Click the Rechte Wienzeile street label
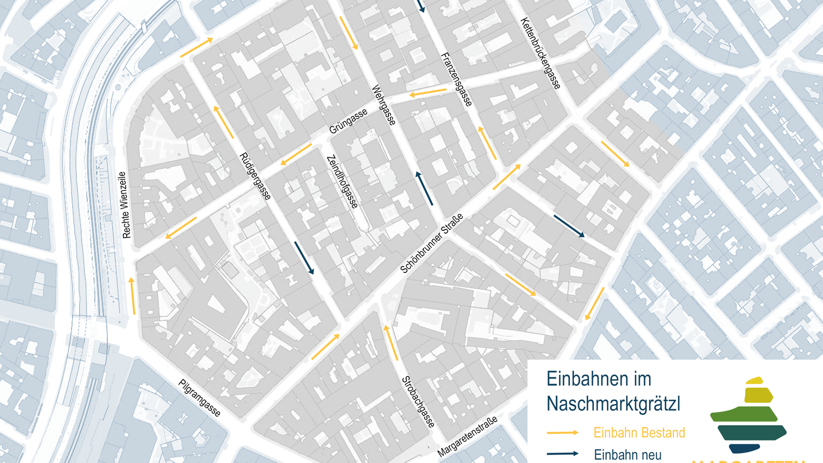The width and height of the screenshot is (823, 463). tap(125, 205)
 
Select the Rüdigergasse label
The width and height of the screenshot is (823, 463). tap(255, 176)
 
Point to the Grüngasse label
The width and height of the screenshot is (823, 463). tap(348, 122)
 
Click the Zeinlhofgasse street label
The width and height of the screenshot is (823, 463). tap(342, 182)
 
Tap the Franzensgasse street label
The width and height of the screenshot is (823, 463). tap(456, 80)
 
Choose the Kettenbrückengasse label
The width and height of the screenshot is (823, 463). tap(540, 54)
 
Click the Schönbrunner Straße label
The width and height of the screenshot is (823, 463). tap(432, 243)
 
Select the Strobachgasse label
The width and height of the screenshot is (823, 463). tap(418, 402)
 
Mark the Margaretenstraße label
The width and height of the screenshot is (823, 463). tap(468, 437)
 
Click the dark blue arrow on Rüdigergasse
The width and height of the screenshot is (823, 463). tap(304, 258)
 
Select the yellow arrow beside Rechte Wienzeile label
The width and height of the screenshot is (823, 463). tap(132, 296)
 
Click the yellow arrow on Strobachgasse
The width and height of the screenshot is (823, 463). tap(391, 342)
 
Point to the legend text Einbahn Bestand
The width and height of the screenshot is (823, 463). tap(639, 433)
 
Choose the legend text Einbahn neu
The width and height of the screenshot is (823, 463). tap(628, 455)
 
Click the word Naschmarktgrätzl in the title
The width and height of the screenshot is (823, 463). tap(613, 404)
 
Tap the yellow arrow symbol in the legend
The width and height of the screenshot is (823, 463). tap(562, 433)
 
